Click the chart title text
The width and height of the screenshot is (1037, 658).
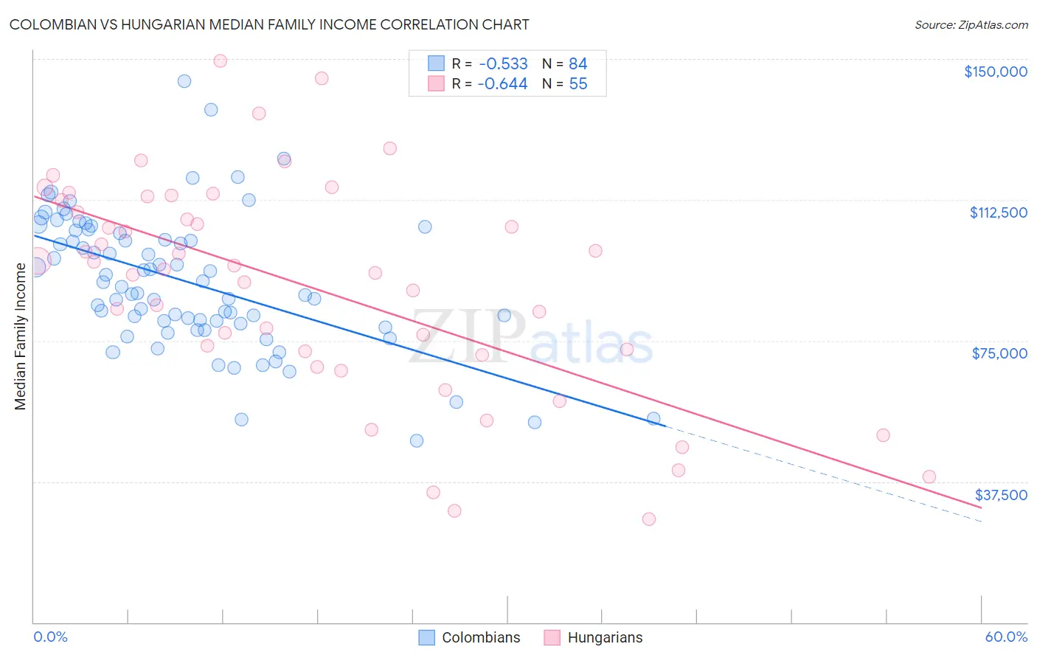(269, 24)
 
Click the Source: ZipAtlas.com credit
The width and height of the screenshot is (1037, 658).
(971, 25)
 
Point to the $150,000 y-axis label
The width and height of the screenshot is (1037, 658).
(995, 72)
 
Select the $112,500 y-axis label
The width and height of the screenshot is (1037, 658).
(998, 212)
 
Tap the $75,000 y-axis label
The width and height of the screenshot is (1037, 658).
(999, 353)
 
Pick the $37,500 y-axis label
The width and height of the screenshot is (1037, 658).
(1000, 495)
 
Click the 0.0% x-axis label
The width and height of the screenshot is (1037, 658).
(51, 637)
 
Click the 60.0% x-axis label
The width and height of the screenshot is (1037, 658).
(1006, 637)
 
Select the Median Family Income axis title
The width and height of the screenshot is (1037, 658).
(21, 336)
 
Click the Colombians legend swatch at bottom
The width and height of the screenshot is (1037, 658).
(426, 637)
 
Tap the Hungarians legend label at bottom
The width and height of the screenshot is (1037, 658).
(605, 637)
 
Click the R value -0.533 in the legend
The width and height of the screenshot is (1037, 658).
(502, 64)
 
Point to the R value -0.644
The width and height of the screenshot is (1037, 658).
(502, 84)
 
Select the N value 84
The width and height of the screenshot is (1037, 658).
(578, 64)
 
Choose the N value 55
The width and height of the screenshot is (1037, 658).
(578, 84)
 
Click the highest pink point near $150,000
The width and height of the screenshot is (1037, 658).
(220, 61)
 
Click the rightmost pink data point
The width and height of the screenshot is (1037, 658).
(929, 477)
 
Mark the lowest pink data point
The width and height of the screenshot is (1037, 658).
(649, 519)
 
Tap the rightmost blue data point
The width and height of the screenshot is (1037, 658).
(653, 419)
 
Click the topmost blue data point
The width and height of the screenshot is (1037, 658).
(184, 81)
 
